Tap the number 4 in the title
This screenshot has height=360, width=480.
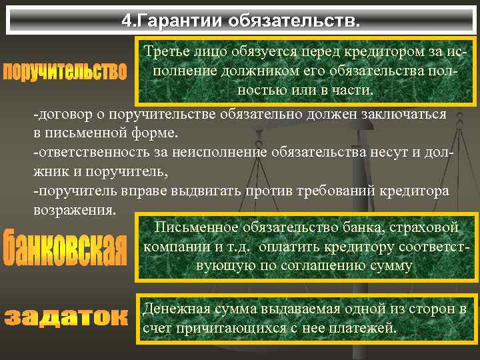click(126, 20)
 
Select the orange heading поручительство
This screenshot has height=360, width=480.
click(65, 71)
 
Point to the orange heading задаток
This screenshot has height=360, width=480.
click(65, 316)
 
